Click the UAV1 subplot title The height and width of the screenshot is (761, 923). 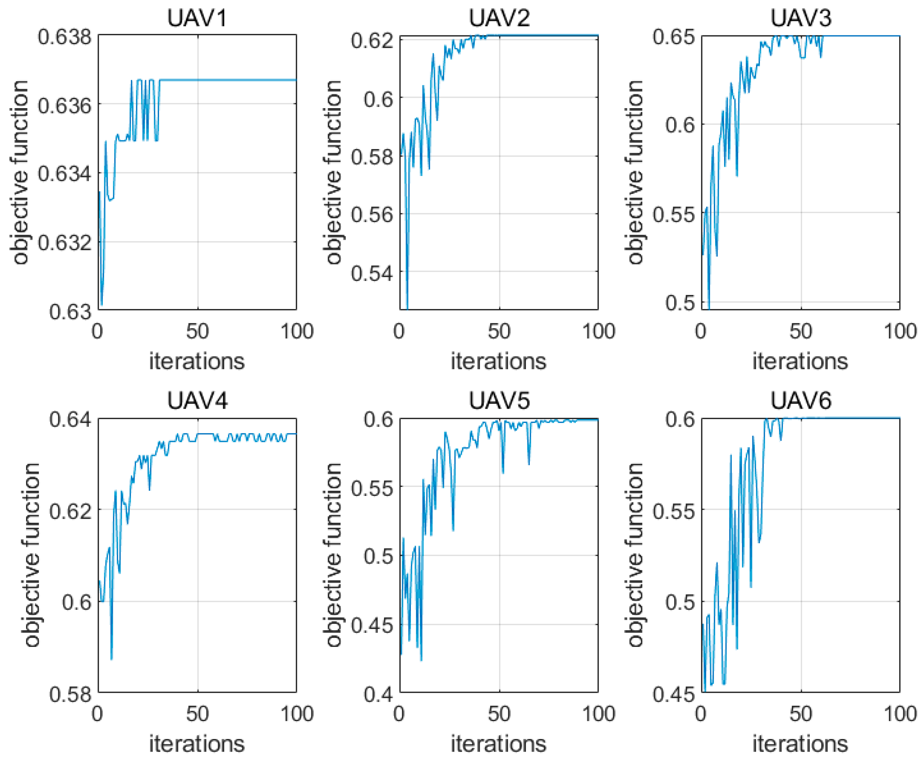[x=197, y=18]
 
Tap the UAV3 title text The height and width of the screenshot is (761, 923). [x=801, y=18]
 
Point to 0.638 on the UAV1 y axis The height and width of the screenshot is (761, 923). [x=65, y=37]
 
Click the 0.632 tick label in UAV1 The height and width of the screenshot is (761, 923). [x=65, y=242]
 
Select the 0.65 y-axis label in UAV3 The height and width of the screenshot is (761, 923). [x=674, y=37]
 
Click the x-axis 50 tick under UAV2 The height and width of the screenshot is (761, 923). [x=499, y=331]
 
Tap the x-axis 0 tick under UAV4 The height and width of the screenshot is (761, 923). [x=98, y=714]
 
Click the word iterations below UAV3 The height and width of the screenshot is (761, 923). [x=800, y=362]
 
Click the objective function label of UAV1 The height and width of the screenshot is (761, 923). [x=19, y=172]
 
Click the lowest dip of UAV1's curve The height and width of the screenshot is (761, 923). [x=102, y=304]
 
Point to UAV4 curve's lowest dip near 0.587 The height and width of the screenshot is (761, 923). [x=112, y=658]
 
